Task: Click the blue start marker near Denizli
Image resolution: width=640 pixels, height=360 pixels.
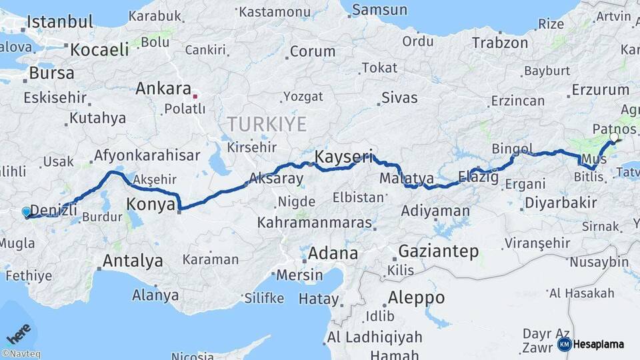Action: click(x=26, y=212)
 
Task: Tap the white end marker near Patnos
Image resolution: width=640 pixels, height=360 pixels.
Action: click(x=614, y=138)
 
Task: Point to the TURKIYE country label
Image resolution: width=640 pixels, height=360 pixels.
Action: click(x=267, y=124)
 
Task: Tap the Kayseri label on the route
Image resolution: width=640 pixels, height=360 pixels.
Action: click(x=344, y=157)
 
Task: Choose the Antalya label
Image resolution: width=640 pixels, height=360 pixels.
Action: click(x=133, y=261)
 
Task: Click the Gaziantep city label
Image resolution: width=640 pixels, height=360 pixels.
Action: click(x=439, y=251)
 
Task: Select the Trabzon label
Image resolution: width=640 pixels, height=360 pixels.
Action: click(x=500, y=43)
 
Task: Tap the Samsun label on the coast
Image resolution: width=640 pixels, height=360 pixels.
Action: click(x=379, y=10)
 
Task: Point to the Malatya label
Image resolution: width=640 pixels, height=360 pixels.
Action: click(x=407, y=179)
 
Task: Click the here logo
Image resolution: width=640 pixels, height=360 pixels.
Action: click(x=18, y=331)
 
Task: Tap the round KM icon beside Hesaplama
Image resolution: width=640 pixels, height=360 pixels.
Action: click(x=565, y=344)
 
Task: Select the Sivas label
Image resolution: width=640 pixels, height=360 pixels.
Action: click(x=399, y=98)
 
